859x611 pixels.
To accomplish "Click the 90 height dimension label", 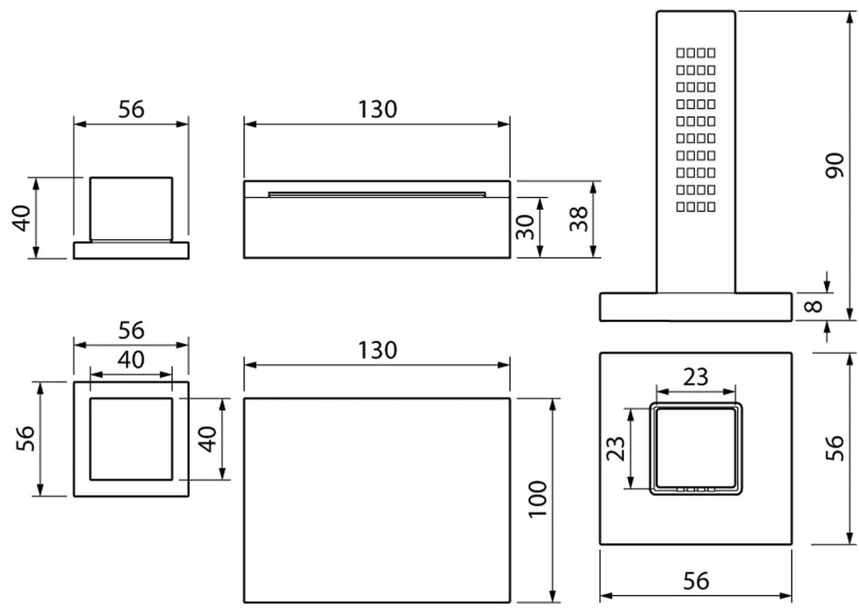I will [835, 165].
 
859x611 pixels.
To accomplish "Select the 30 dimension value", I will [525, 226].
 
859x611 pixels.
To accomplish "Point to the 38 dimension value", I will [578, 218].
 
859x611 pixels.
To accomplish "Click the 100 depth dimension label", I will [537, 499].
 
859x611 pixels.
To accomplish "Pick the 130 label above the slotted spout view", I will [377, 109].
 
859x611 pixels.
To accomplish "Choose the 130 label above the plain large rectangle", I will [377, 350].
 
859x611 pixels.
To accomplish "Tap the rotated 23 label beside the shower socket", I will [615, 448].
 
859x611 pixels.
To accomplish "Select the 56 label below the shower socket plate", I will [696, 581].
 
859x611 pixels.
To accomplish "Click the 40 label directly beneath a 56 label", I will [131, 360].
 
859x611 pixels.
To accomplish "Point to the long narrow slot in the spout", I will [377, 194].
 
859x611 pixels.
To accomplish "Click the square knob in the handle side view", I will [131, 208].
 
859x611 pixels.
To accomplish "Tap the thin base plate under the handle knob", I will [131, 250].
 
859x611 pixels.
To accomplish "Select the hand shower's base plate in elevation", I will [696, 307].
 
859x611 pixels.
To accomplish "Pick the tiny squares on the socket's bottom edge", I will [696, 490].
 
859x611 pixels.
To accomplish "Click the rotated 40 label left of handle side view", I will [23, 218].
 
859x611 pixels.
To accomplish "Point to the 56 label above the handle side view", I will [131, 109].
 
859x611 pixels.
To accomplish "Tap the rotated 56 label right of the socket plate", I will [835, 448].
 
